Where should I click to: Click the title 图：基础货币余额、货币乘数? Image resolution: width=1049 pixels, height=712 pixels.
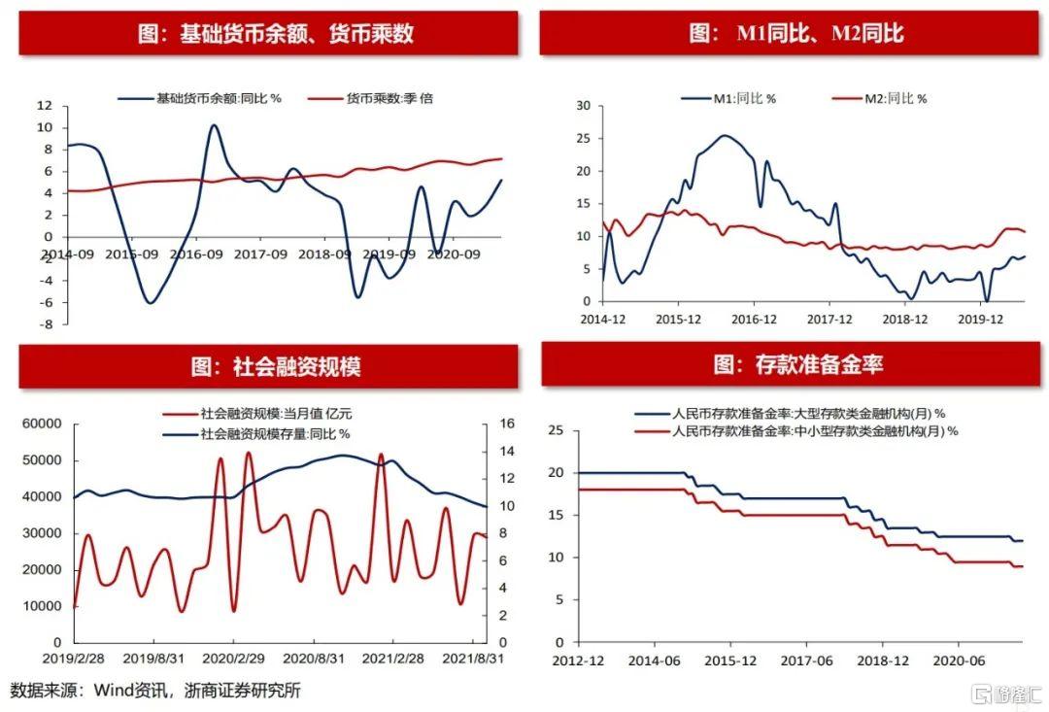tap(276, 34)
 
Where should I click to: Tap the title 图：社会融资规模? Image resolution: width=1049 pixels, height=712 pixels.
tap(276, 367)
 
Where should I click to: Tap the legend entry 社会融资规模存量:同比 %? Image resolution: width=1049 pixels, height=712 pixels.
tap(276, 433)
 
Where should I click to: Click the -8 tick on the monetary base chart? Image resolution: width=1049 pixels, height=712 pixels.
tap(46, 324)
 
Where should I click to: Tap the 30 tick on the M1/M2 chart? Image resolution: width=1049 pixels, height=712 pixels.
tap(583, 105)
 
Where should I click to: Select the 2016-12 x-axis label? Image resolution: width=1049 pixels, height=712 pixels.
tap(754, 318)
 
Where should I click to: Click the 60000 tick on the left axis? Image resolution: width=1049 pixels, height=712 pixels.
tap(42, 424)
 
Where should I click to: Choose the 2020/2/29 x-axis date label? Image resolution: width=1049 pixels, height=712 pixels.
tap(231, 658)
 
